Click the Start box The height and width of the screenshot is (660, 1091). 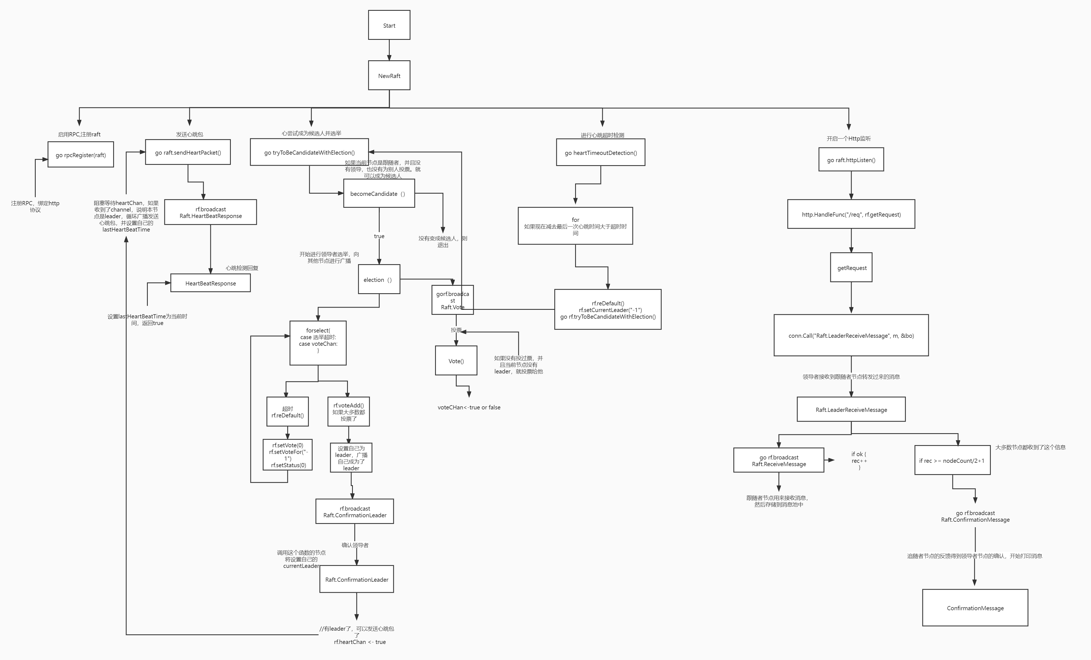coord(389,25)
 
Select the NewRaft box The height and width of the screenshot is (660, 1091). coord(389,76)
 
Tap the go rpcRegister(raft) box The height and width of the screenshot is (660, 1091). coord(81,155)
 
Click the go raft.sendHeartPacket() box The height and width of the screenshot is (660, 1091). coord(188,152)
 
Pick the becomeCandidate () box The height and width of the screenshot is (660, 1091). coord(379,193)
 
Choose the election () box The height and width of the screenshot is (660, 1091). coord(379,279)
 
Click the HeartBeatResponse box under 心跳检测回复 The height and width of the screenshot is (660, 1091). coord(210,283)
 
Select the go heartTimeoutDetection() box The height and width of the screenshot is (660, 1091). coord(600,153)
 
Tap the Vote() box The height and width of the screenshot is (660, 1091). coord(456,361)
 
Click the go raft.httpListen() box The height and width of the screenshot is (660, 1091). coord(851,160)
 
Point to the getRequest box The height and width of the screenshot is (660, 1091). coord(851,267)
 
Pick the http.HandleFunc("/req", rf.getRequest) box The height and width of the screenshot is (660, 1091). coord(851,214)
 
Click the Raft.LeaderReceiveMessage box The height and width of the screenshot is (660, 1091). coord(851,409)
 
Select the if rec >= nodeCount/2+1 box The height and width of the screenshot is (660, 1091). coord(952,460)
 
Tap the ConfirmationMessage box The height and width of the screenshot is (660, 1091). coord(975,608)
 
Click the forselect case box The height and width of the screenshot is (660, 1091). coord(318,343)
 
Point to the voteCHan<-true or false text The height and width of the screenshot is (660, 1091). coord(469,407)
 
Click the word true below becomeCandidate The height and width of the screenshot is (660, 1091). coord(379,236)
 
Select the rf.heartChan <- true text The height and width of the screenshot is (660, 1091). coord(360,642)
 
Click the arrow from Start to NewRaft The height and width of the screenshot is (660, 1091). coord(389,50)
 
